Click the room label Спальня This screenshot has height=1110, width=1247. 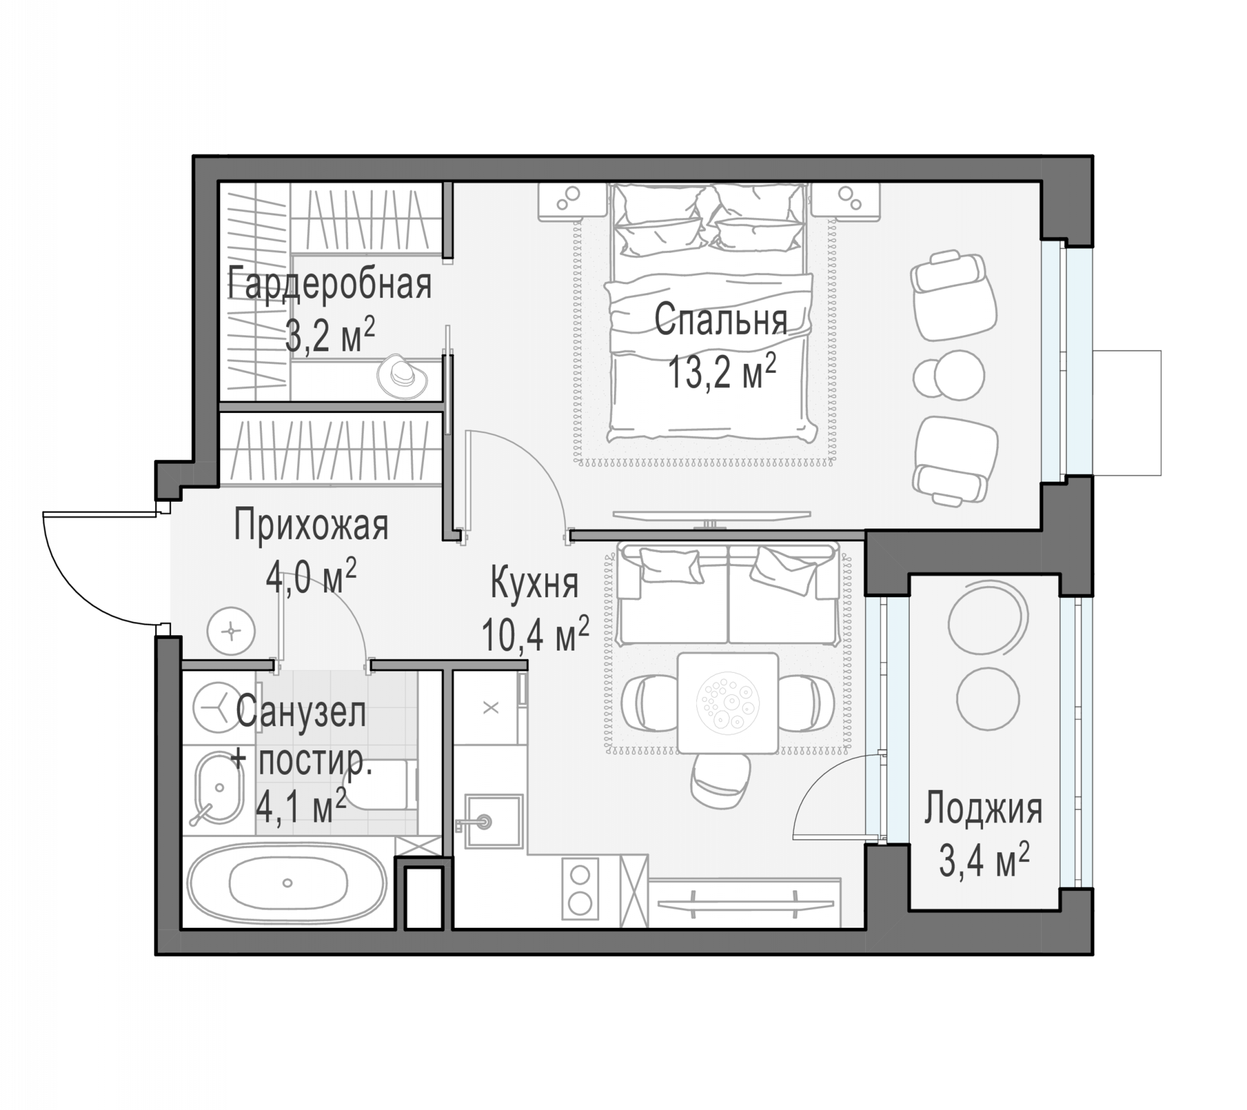(720, 320)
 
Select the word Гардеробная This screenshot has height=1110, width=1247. (330, 284)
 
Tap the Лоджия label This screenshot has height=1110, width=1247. (983, 809)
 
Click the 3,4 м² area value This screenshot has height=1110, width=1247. (983, 860)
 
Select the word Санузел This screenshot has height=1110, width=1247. (301, 712)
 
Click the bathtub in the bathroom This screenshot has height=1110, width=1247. (287, 882)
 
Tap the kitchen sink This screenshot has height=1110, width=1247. (494, 821)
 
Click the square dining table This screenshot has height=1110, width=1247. (728, 703)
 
